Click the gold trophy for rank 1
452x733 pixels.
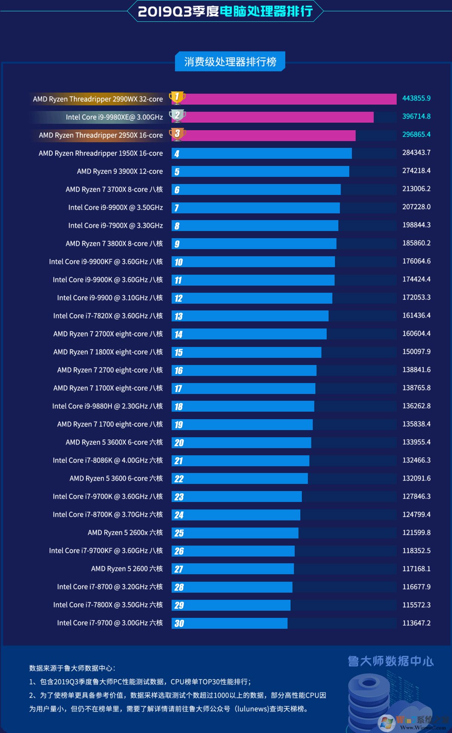tap(177, 97)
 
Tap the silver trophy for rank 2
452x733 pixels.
tap(177, 116)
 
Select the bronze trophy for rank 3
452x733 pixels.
tap(177, 134)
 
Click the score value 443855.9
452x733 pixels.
tap(416, 98)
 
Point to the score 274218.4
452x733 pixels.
tap(416, 170)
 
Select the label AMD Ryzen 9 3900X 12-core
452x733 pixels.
tap(120, 171)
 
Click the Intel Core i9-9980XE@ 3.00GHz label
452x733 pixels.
tap(114, 117)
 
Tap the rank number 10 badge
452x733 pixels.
tap(178, 262)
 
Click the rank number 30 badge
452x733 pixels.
tap(179, 623)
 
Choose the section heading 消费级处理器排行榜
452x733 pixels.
tap(230, 61)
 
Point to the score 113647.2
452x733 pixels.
tap(416, 623)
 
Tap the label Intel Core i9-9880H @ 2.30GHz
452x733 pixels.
tap(107, 406)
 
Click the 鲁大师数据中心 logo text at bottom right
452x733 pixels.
tap(391, 661)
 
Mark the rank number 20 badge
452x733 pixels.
tap(179, 443)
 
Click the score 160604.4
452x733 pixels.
tap(416, 333)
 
